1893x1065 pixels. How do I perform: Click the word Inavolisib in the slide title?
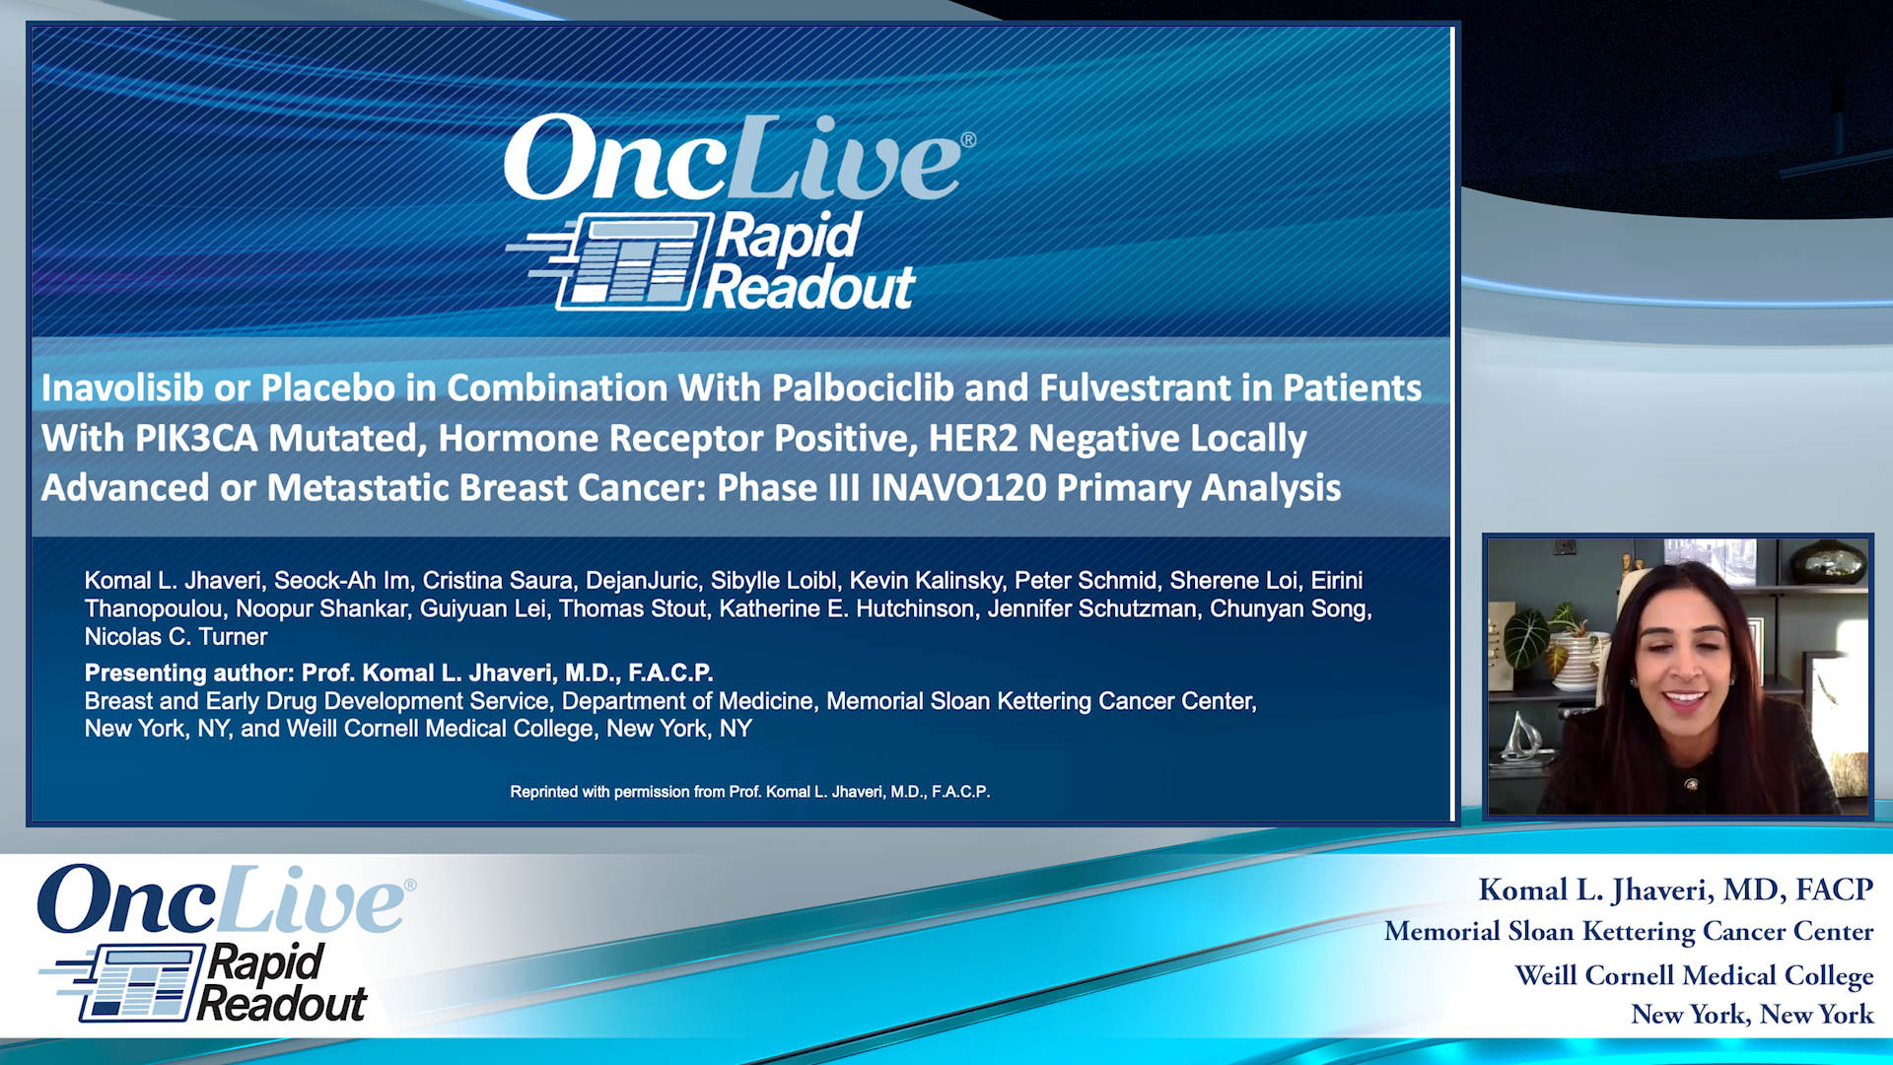(x=122, y=388)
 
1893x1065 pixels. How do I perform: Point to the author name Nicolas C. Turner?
(x=175, y=637)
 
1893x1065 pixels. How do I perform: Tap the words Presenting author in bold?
(x=189, y=674)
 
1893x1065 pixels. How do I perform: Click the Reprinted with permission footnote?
(x=750, y=792)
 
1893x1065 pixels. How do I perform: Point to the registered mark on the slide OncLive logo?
(x=968, y=140)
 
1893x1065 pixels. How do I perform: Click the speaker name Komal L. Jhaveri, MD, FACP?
(x=1676, y=890)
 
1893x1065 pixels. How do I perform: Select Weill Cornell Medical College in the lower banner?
(x=1694, y=975)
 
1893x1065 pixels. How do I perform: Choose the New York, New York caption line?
(x=1752, y=1015)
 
